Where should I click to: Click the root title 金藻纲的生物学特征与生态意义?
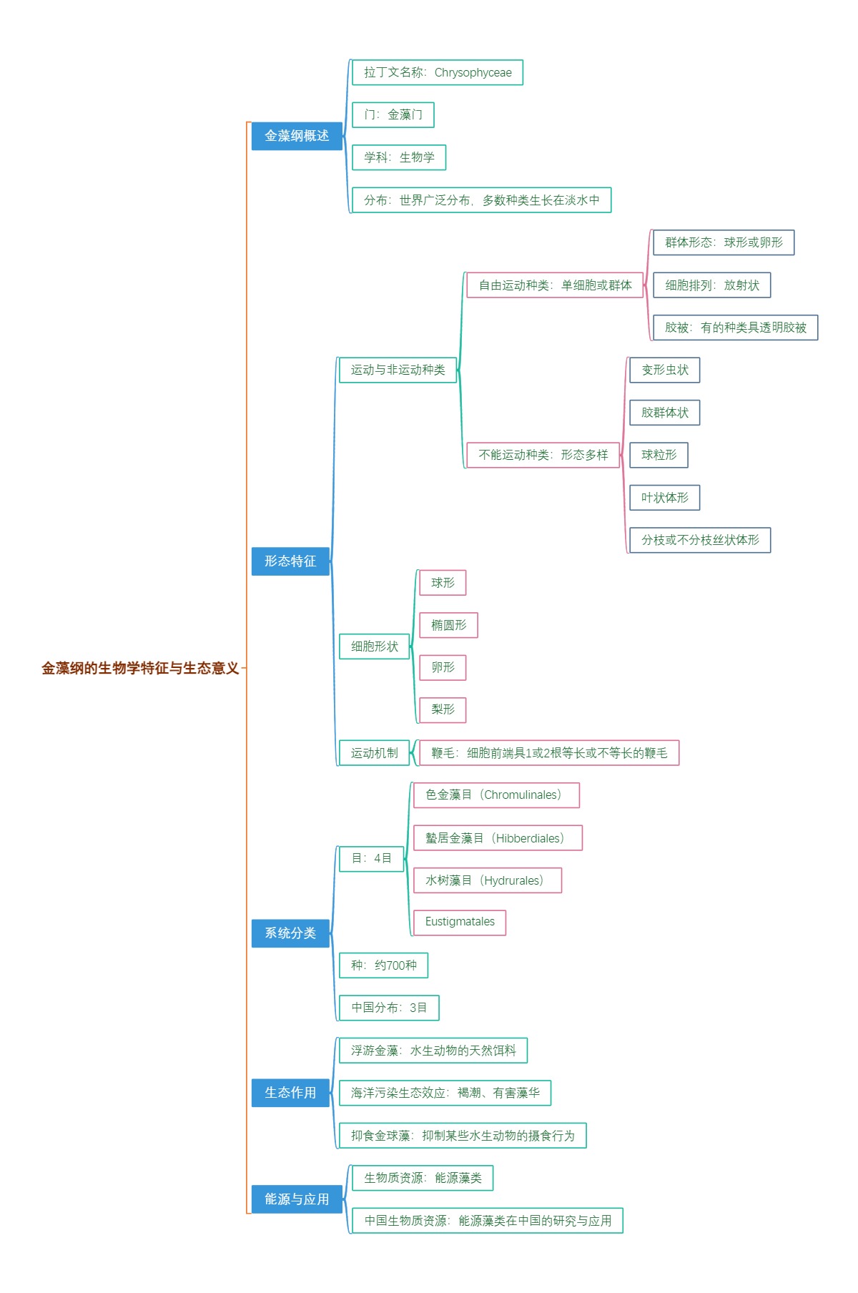coord(140,668)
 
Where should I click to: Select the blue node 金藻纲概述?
coord(297,136)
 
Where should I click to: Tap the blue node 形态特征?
coord(290,561)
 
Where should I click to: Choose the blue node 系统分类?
coord(290,933)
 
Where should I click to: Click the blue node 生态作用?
coord(290,1093)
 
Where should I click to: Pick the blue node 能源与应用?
coord(297,1199)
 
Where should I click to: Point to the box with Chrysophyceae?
coord(438,72)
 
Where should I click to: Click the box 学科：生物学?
coord(399,157)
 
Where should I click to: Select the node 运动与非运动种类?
coord(398,370)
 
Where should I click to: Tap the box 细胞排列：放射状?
coord(712,285)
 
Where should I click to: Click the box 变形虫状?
coord(665,370)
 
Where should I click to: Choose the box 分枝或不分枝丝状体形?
coord(700,540)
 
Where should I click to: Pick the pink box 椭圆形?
coord(448,625)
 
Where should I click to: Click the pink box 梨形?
coord(443,709)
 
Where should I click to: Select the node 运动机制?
coord(374,753)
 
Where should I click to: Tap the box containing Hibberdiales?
coord(498,838)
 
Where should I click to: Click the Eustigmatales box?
coord(460,922)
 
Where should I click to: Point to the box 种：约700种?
coord(383,965)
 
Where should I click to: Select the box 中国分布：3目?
coord(389,1008)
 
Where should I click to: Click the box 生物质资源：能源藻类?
coord(423,1178)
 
